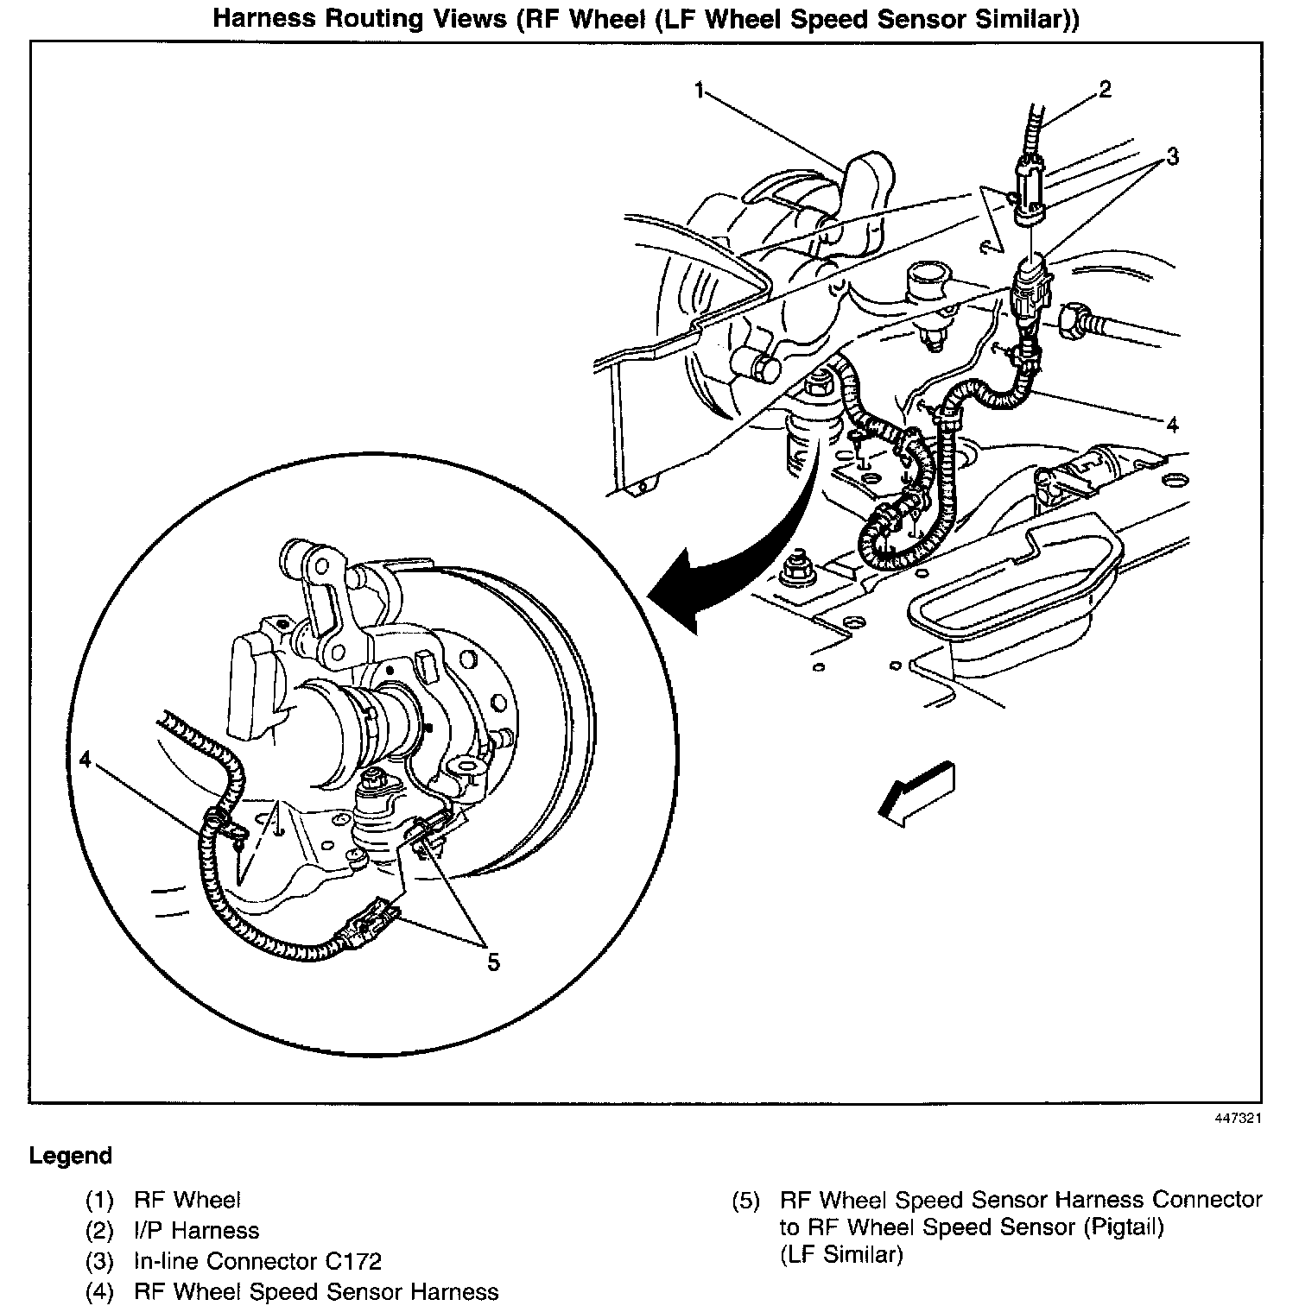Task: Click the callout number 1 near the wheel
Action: click(x=701, y=90)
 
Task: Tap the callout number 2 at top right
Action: click(x=1105, y=89)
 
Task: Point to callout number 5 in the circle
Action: click(x=493, y=962)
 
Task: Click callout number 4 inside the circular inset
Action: click(x=84, y=759)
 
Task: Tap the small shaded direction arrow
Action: click(x=915, y=792)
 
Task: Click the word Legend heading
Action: click(x=71, y=1156)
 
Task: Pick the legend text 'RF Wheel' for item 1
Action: click(x=187, y=1200)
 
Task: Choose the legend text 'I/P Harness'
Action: click(x=196, y=1230)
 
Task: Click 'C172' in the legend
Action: click(x=352, y=1261)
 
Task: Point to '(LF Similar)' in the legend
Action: click(x=840, y=1254)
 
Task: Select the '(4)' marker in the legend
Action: click(x=99, y=1292)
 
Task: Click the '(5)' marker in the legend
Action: click(x=745, y=1200)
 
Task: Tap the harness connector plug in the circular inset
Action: click(x=371, y=926)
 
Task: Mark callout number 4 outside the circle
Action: click(x=1172, y=425)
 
